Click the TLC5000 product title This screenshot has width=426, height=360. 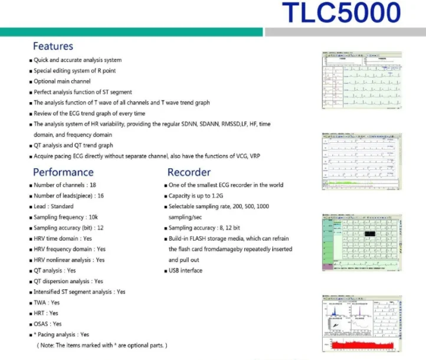coord(340,13)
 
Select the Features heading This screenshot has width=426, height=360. coord(53,46)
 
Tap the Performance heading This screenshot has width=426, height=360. coord(63,172)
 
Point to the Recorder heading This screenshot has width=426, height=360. coord(189,172)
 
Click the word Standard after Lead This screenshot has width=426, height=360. coord(62,207)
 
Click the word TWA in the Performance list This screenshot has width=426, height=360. coord(40,302)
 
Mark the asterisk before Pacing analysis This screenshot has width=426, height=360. coord(35,335)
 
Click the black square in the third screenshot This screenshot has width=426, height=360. coord(369,234)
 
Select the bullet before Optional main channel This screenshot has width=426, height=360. coord(31,81)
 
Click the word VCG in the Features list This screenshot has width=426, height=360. coord(238,156)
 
